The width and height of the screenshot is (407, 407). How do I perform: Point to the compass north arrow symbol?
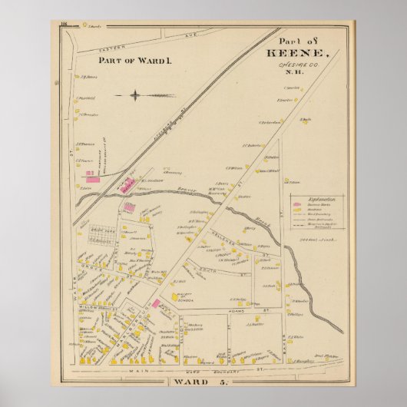point(134,95)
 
